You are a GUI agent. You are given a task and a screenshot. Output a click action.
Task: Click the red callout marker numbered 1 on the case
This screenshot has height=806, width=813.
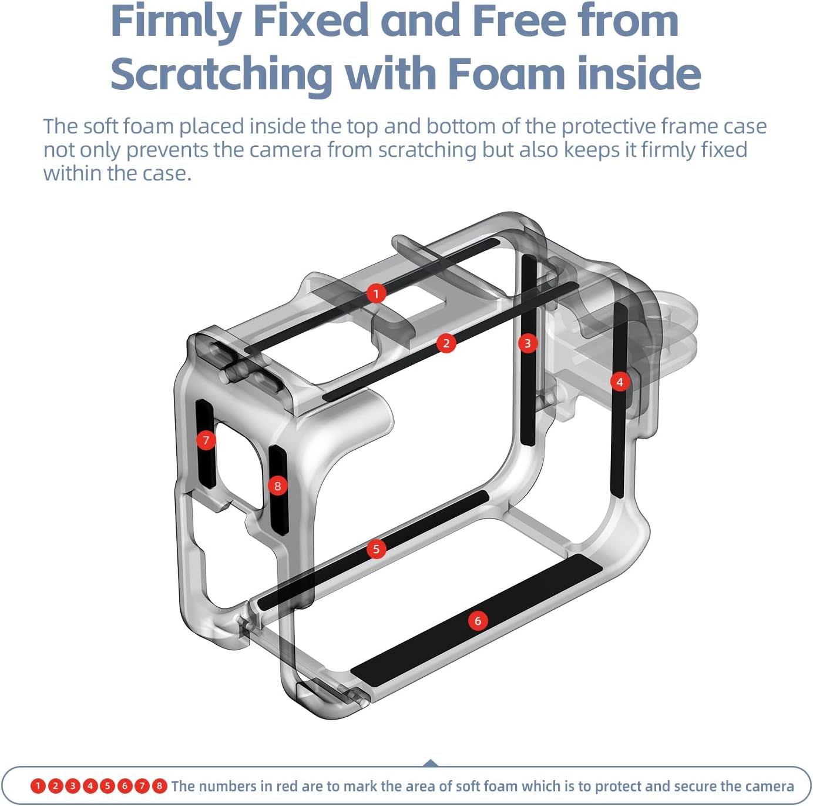(376, 293)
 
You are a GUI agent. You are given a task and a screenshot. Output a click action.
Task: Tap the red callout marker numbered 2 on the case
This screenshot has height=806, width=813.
(446, 343)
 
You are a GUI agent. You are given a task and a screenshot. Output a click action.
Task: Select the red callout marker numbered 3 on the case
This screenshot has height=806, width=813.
(528, 343)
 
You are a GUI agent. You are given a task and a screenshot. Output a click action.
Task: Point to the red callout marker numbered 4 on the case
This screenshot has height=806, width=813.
(620, 382)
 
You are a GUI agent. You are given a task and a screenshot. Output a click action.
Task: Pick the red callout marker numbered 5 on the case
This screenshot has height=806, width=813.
(376, 549)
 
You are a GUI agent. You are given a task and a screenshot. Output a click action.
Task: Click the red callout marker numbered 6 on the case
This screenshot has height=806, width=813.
(478, 621)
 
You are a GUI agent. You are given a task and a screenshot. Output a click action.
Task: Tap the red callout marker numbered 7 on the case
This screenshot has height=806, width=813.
(206, 440)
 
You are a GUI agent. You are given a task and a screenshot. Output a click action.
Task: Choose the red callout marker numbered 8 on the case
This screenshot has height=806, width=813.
(277, 486)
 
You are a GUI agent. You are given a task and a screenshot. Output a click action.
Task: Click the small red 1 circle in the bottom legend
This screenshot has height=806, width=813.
(38, 786)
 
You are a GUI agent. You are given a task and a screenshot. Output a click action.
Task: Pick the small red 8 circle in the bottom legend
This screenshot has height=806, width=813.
(159, 786)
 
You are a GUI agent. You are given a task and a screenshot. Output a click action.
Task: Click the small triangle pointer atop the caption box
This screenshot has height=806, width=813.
(430, 762)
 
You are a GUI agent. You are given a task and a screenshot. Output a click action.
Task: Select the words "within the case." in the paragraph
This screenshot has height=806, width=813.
(117, 173)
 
